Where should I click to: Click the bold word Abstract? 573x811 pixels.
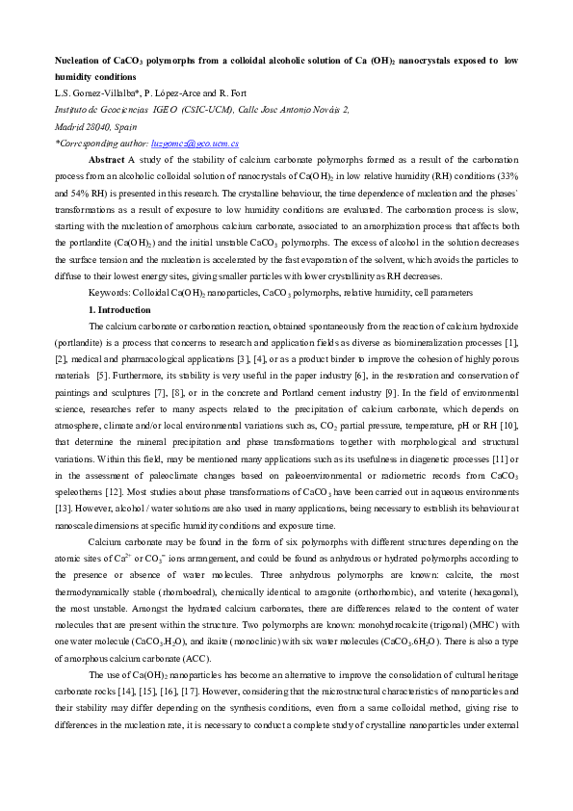[x=107, y=159]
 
